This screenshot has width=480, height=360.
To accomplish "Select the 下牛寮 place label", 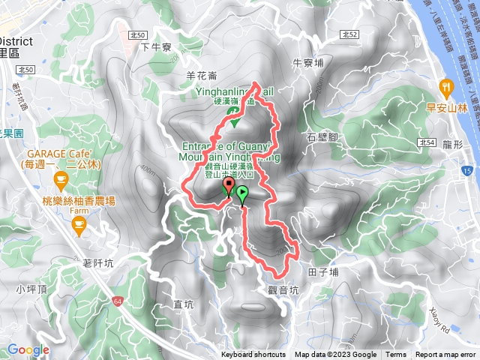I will pyautogui.click(x=157, y=46).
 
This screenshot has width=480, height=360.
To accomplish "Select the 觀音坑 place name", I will pyautogui.click(x=281, y=289).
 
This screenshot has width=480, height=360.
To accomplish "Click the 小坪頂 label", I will pyautogui.click(x=30, y=289).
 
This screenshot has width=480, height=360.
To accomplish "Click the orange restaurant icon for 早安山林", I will pyautogui.click(x=447, y=86).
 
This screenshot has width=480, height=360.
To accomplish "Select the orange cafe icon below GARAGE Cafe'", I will pyautogui.click(x=61, y=178).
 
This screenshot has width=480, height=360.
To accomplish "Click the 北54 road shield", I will pyautogui.click(x=428, y=142).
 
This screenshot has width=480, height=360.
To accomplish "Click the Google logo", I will pyautogui.click(x=28, y=349).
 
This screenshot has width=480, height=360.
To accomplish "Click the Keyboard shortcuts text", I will pyautogui.click(x=253, y=355).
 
